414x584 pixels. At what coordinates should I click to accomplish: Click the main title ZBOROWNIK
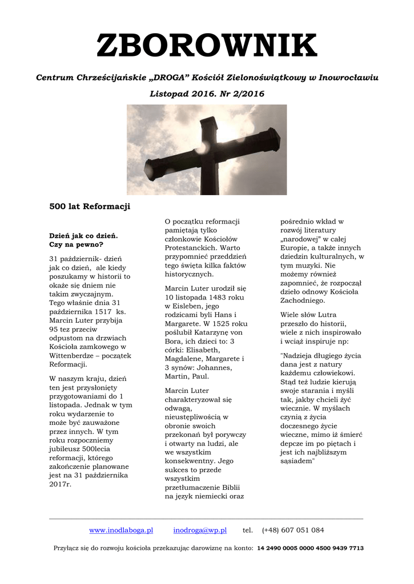[207, 46]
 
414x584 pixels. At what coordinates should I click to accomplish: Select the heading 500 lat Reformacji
[90, 206]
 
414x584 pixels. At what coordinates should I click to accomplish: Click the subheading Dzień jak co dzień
[83, 235]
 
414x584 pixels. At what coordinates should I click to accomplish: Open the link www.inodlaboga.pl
[121, 530]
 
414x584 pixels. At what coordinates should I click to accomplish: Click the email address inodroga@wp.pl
[200, 530]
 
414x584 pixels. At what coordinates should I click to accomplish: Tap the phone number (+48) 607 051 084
[293, 530]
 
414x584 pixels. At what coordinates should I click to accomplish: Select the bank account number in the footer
[310, 548]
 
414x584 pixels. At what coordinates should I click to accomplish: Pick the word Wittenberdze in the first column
[74, 355]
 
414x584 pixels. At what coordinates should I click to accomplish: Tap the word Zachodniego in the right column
[302, 301]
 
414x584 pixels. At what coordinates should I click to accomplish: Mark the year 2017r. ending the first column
[60, 484]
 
